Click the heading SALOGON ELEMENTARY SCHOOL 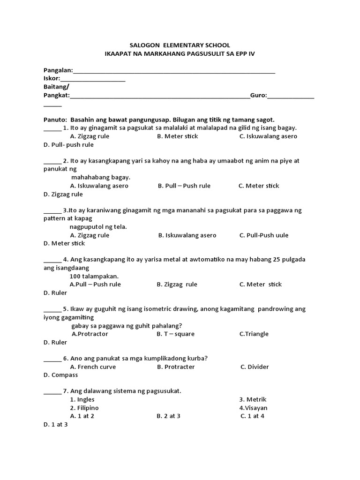click(x=180, y=45)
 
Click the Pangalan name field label click(x=58, y=70)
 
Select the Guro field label click(x=258, y=95)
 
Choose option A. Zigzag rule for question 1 click(x=90, y=136)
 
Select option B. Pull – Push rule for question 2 click(x=184, y=186)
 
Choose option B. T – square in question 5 click(x=176, y=334)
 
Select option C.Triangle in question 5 click(x=254, y=334)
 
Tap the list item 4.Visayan click(x=253, y=408)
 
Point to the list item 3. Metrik click(x=253, y=399)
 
